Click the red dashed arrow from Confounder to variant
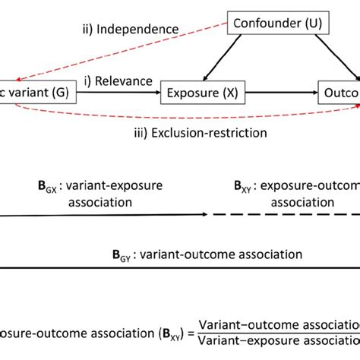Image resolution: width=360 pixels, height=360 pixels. click(114, 53)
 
